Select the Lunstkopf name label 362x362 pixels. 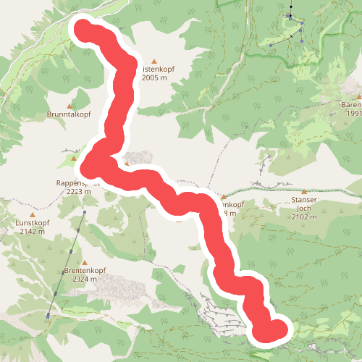coord(33,223)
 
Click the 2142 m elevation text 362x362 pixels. coord(33,232)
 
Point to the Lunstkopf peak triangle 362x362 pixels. coord(33,214)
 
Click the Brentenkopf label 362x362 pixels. coord(86,271)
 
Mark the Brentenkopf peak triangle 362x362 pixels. coord(85,262)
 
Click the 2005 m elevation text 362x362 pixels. coord(159,77)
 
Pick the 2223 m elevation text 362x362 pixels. coord(77,192)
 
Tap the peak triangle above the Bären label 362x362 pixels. coord(359,96)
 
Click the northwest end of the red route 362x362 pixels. coord(83,30)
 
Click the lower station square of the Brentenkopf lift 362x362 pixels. coord(48,316)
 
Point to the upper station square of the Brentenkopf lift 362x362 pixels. coord(85,212)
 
